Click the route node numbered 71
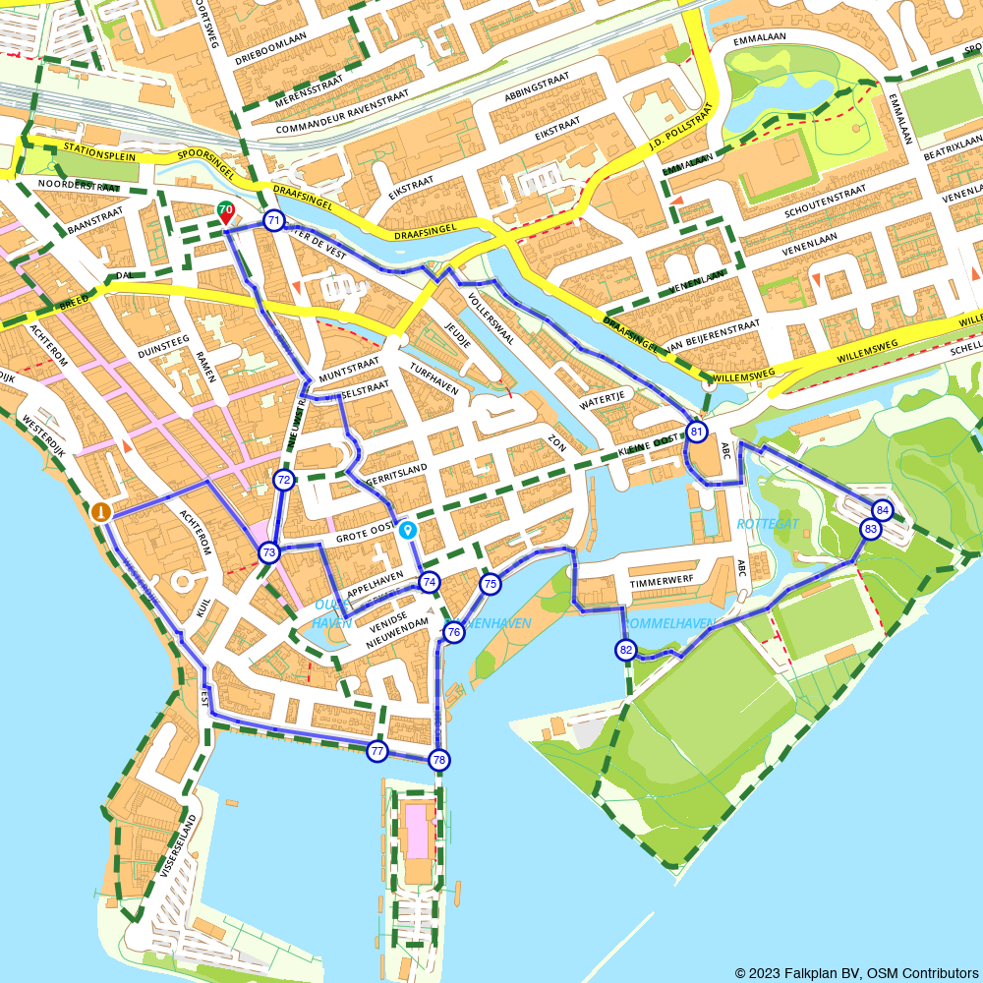coord(274,220)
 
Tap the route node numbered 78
coord(438,759)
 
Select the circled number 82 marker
coord(626,649)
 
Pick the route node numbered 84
coord(882,509)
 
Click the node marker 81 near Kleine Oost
coord(697,432)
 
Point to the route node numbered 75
coord(490,585)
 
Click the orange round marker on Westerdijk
coord(100,511)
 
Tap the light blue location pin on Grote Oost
coord(407,530)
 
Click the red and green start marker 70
coord(226,210)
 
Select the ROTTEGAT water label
coord(768,524)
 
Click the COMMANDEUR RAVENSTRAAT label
coord(341,115)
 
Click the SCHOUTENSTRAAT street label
coord(825,194)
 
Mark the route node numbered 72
coord(284,480)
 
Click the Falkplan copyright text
coord(855,972)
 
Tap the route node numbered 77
coord(376,751)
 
